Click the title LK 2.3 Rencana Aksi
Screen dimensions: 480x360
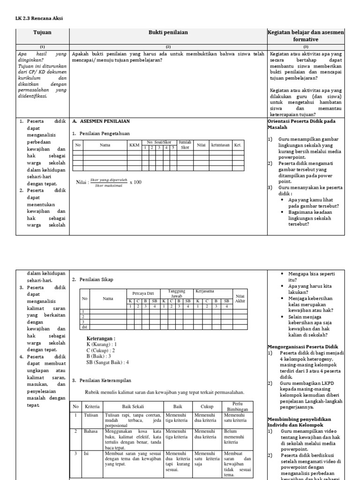coord(39,18)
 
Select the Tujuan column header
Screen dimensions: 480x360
coord(43,32)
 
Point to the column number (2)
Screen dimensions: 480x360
coord(168,47)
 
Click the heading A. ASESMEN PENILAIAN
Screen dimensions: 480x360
coord(101,121)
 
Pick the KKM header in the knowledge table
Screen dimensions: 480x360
coord(135,145)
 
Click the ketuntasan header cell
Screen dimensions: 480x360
coord(220,145)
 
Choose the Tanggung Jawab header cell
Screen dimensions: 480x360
coord(177,293)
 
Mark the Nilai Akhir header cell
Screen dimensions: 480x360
coord(240,299)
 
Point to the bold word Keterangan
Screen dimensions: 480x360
coord(101,338)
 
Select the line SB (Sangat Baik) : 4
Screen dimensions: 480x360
coord(107,362)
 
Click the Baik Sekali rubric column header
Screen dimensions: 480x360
coord(132,406)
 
